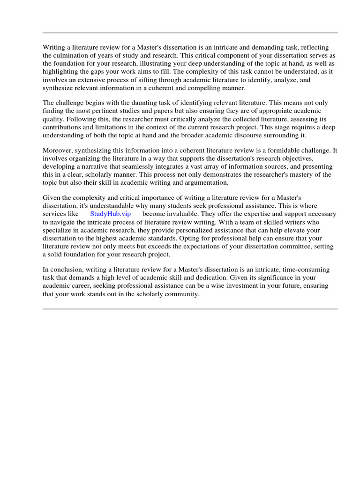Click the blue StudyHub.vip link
(x=111, y=214)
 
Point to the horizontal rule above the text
(x=190, y=33)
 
